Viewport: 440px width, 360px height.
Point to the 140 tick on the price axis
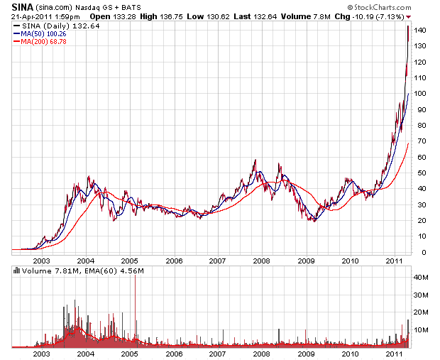(x=422, y=31)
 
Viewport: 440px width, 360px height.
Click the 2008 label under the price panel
(x=261, y=260)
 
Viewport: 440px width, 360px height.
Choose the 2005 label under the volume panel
(x=129, y=353)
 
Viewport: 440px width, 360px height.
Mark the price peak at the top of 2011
(x=407, y=27)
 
